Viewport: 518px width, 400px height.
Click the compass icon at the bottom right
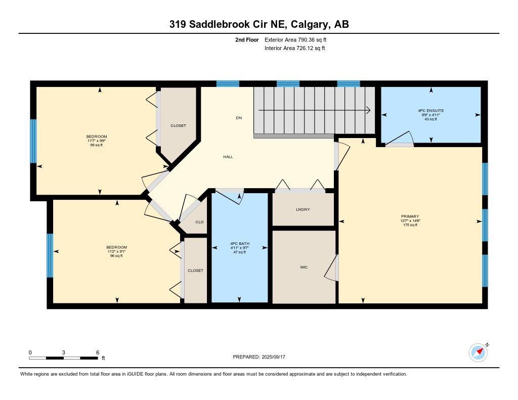(478, 352)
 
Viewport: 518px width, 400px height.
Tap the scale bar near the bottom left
(63, 358)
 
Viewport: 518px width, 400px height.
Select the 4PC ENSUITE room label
(430, 110)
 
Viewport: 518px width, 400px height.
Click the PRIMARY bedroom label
(410, 216)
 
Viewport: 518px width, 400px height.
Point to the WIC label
(304, 267)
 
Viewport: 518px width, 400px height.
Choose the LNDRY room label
(303, 209)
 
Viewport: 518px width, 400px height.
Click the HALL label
(228, 157)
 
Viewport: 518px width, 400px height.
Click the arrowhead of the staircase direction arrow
(369, 110)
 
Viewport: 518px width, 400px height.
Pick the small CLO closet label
(199, 222)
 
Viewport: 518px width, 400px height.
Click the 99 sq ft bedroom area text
(97, 145)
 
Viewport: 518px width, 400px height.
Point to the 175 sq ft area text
(410, 225)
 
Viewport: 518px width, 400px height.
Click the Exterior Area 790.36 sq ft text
(299, 39)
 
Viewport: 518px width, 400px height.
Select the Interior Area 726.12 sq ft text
(294, 49)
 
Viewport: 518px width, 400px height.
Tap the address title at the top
(259, 24)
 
